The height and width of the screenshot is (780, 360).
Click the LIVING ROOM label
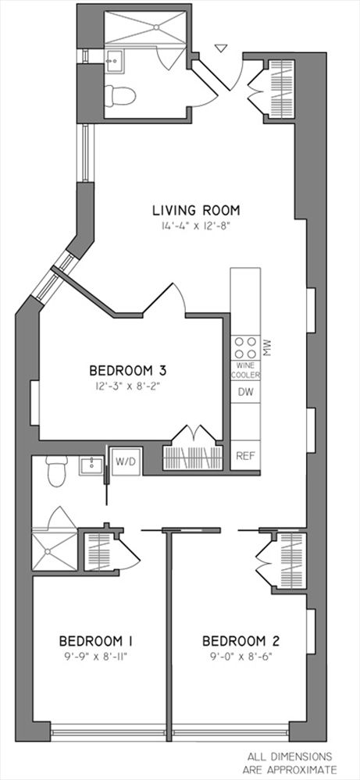196,211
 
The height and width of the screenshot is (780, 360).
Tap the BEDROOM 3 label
127,371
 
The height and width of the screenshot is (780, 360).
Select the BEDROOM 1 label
98,640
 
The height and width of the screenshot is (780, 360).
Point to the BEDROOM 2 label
244,641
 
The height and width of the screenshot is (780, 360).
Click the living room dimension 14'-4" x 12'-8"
196,226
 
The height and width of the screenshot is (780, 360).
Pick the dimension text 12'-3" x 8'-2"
128,386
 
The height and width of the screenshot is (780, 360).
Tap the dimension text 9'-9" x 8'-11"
99,655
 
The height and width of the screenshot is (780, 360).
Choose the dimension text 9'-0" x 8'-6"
244,655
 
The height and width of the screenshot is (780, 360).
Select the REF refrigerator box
245,455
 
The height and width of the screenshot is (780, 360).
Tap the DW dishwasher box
245,392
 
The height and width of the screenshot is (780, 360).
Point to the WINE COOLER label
246,371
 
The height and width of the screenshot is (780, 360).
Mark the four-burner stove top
245,347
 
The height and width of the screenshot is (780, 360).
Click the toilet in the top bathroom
119,95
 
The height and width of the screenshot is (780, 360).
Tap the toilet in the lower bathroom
56,471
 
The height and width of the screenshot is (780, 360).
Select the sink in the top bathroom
114,62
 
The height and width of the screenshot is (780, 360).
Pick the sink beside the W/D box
91,466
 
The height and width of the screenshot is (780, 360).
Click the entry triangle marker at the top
221,48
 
